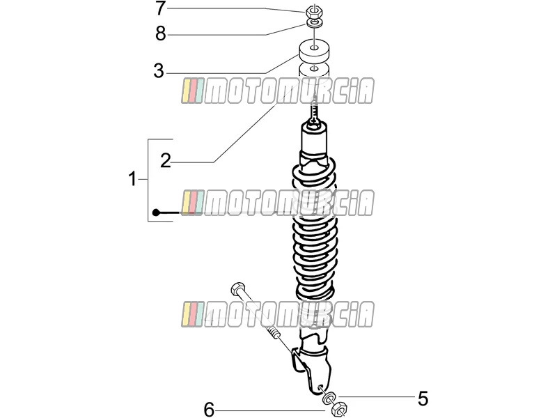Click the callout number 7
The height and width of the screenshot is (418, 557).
pyautogui.click(x=160, y=8)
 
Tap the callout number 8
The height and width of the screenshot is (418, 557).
pyautogui.click(x=161, y=34)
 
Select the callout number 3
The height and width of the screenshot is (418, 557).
pyautogui.click(x=159, y=71)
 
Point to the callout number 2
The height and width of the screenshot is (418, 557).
pyautogui.click(x=166, y=161)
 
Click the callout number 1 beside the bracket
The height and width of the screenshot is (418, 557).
pyautogui.click(x=132, y=179)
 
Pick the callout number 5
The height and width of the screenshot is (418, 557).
pyautogui.click(x=423, y=398)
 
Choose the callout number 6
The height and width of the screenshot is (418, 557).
pyautogui.click(x=210, y=410)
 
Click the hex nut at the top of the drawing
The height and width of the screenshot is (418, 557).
pyautogui.click(x=314, y=11)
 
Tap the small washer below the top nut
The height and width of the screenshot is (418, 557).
pyautogui.click(x=315, y=24)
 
